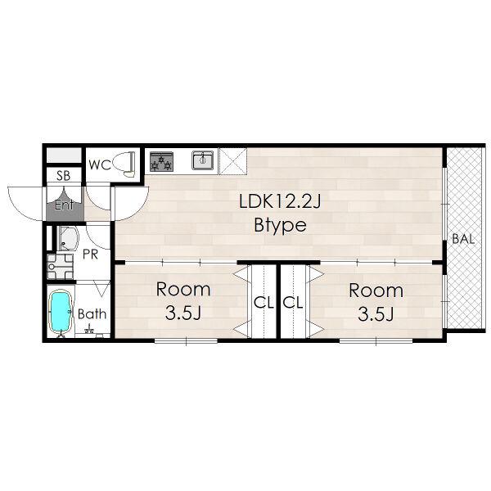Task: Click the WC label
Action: (100, 164)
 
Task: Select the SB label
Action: (64, 176)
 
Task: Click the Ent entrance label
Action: (64, 205)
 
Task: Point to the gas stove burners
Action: (161, 161)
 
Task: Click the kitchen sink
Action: (203, 160)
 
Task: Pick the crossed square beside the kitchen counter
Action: (233, 161)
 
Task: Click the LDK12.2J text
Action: (280, 201)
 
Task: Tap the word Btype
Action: (280, 225)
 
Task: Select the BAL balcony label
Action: (463, 239)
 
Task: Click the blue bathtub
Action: (61, 312)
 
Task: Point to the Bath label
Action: (92, 313)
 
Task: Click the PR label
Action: (91, 255)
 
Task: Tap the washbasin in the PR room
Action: (68, 239)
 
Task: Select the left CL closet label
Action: (264, 303)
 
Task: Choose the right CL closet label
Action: (293, 303)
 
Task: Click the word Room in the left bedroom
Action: (183, 289)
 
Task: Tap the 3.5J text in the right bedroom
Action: (376, 314)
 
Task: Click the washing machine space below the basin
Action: (60, 267)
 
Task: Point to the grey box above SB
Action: (64, 155)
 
